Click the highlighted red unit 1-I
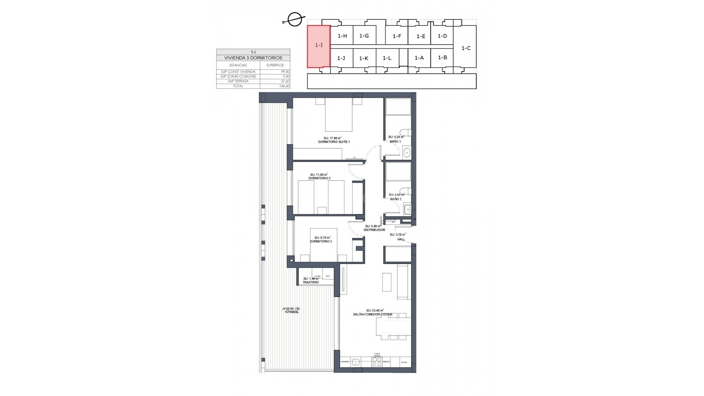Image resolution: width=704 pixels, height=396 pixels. coord(319,46)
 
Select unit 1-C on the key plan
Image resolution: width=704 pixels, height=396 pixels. coord(466,48)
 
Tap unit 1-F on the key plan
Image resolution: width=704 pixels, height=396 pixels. coord(397,36)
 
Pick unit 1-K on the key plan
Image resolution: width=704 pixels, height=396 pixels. coord(364,58)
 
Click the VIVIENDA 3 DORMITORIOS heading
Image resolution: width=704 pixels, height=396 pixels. coord(253,58)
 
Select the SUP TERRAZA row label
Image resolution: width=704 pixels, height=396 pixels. coord(238,81)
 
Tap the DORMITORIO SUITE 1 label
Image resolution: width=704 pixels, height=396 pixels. coord(334,142)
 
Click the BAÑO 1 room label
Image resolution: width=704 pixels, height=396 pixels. coord(395,141)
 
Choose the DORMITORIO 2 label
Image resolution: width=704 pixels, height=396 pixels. coord(319,178)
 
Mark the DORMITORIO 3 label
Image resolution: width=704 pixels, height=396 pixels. coord(321,241)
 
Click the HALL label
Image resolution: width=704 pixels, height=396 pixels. coord(401,239)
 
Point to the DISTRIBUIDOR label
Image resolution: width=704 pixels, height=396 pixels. coord(374,230)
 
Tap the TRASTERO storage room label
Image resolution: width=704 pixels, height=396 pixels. coord(311,282)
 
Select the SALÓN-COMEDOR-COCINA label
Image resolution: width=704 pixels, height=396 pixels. coord(373,314)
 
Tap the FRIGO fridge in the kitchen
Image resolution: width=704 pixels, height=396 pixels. coord(404,362)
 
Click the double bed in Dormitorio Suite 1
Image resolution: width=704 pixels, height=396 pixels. coord(339,115)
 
